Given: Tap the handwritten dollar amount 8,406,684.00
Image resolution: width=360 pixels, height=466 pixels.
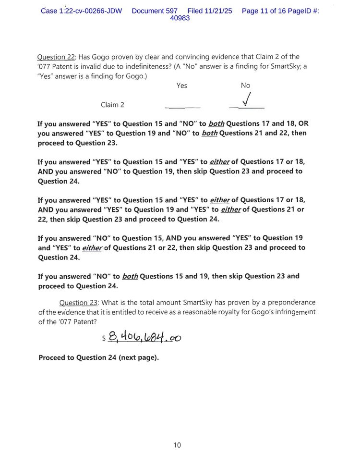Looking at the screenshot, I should click(x=144, y=337).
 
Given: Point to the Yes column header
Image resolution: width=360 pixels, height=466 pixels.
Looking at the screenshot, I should click(x=182, y=86).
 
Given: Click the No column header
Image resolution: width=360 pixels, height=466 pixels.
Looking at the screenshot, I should click(x=245, y=86).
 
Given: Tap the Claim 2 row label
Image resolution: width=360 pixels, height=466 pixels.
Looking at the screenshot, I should click(x=112, y=105).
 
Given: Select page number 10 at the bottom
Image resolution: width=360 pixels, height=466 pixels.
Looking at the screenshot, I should click(x=177, y=445).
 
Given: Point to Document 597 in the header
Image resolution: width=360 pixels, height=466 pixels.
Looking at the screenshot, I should click(x=155, y=11).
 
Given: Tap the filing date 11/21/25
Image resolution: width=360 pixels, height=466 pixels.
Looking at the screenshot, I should click(x=218, y=11).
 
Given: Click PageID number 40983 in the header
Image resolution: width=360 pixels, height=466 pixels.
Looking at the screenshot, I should click(x=180, y=18).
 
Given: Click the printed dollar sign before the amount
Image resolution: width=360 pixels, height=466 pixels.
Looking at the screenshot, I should click(x=104, y=339).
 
